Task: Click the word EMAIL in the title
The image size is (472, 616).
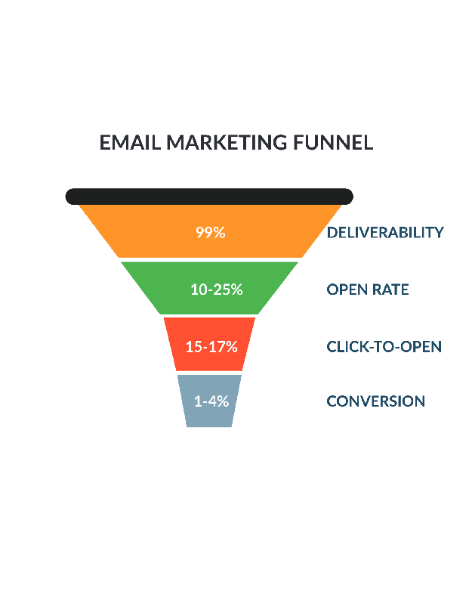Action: click(x=130, y=142)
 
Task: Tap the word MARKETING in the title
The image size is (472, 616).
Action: click(x=227, y=142)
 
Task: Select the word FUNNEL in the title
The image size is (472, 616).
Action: click(x=333, y=142)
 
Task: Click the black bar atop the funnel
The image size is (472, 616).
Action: click(x=209, y=197)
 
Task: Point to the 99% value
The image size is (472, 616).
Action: click(x=211, y=233)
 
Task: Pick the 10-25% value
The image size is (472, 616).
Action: click(x=217, y=289)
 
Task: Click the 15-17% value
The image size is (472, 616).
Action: click(x=211, y=346)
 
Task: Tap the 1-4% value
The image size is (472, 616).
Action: click(x=211, y=401)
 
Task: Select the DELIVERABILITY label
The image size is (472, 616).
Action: click(x=385, y=233)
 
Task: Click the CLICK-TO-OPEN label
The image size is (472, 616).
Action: click(x=384, y=346)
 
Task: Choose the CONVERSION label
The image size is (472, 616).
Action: click(x=376, y=401)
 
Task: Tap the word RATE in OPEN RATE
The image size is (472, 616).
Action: click(x=390, y=289)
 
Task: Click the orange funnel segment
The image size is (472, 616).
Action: click(x=210, y=231)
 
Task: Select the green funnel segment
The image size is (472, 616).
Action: click(x=209, y=288)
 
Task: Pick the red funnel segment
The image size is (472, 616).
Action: click(x=209, y=344)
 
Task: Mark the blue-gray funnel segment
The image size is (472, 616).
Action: click(x=209, y=401)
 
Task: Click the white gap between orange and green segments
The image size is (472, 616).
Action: click(x=209, y=260)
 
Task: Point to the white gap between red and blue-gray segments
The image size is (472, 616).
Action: click(x=209, y=373)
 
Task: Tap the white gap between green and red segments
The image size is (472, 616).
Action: click(x=209, y=316)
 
